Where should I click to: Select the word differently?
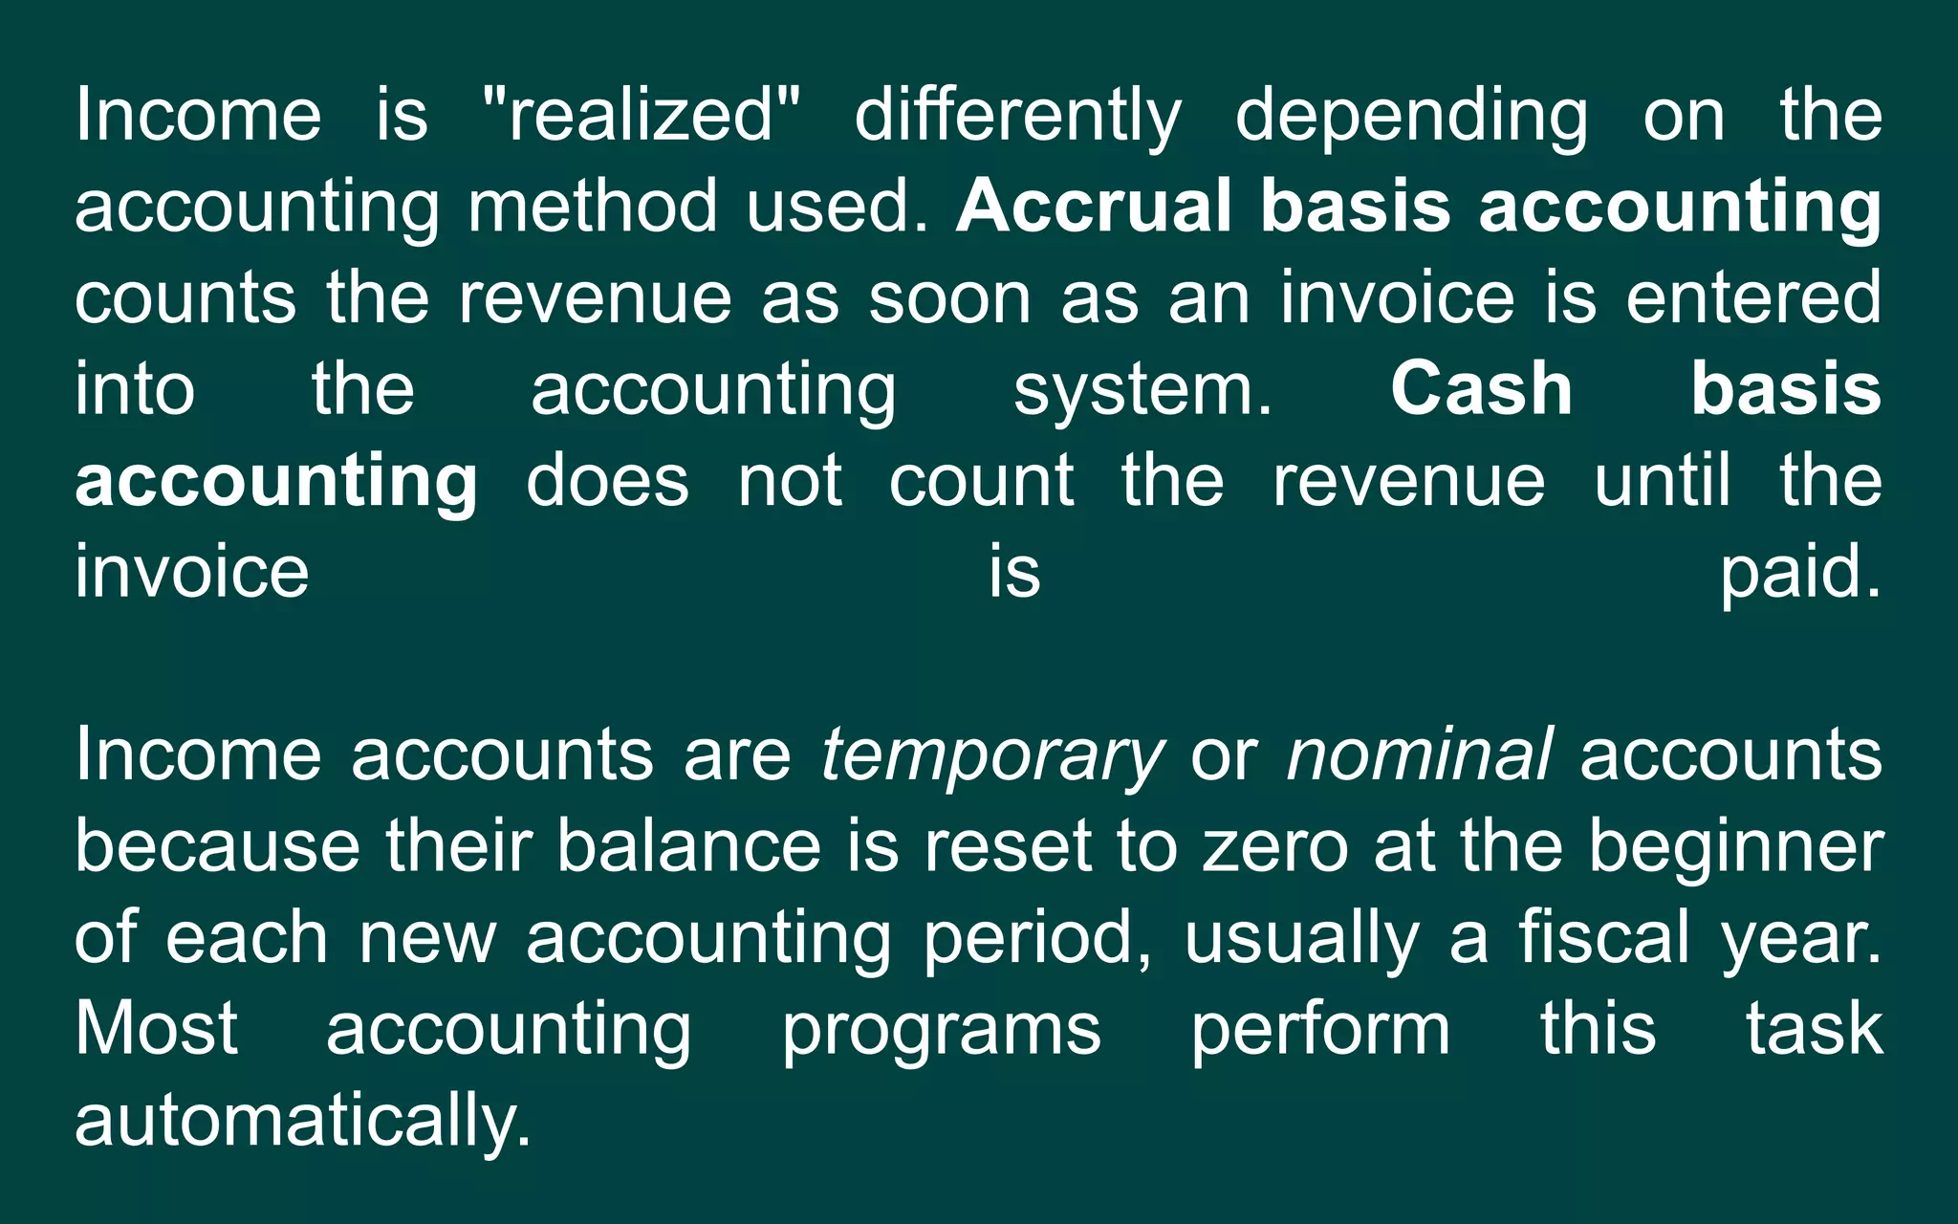click(1018, 115)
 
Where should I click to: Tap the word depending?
click(1412, 115)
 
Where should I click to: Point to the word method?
click(592, 206)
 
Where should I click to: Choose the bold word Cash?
click(1482, 389)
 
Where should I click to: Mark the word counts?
click(185, 297)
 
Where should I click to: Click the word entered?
click(1753, 297)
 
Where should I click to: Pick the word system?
click(1143, 389)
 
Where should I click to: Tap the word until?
click(1663, 480)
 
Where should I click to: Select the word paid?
click(1800, 572)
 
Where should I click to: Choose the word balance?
click(688, 846)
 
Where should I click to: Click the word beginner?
click(1735, 846)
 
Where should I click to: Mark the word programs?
click(942, 1030)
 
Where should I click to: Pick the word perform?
click(1320, 1030)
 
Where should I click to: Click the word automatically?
click(303, 1121)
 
